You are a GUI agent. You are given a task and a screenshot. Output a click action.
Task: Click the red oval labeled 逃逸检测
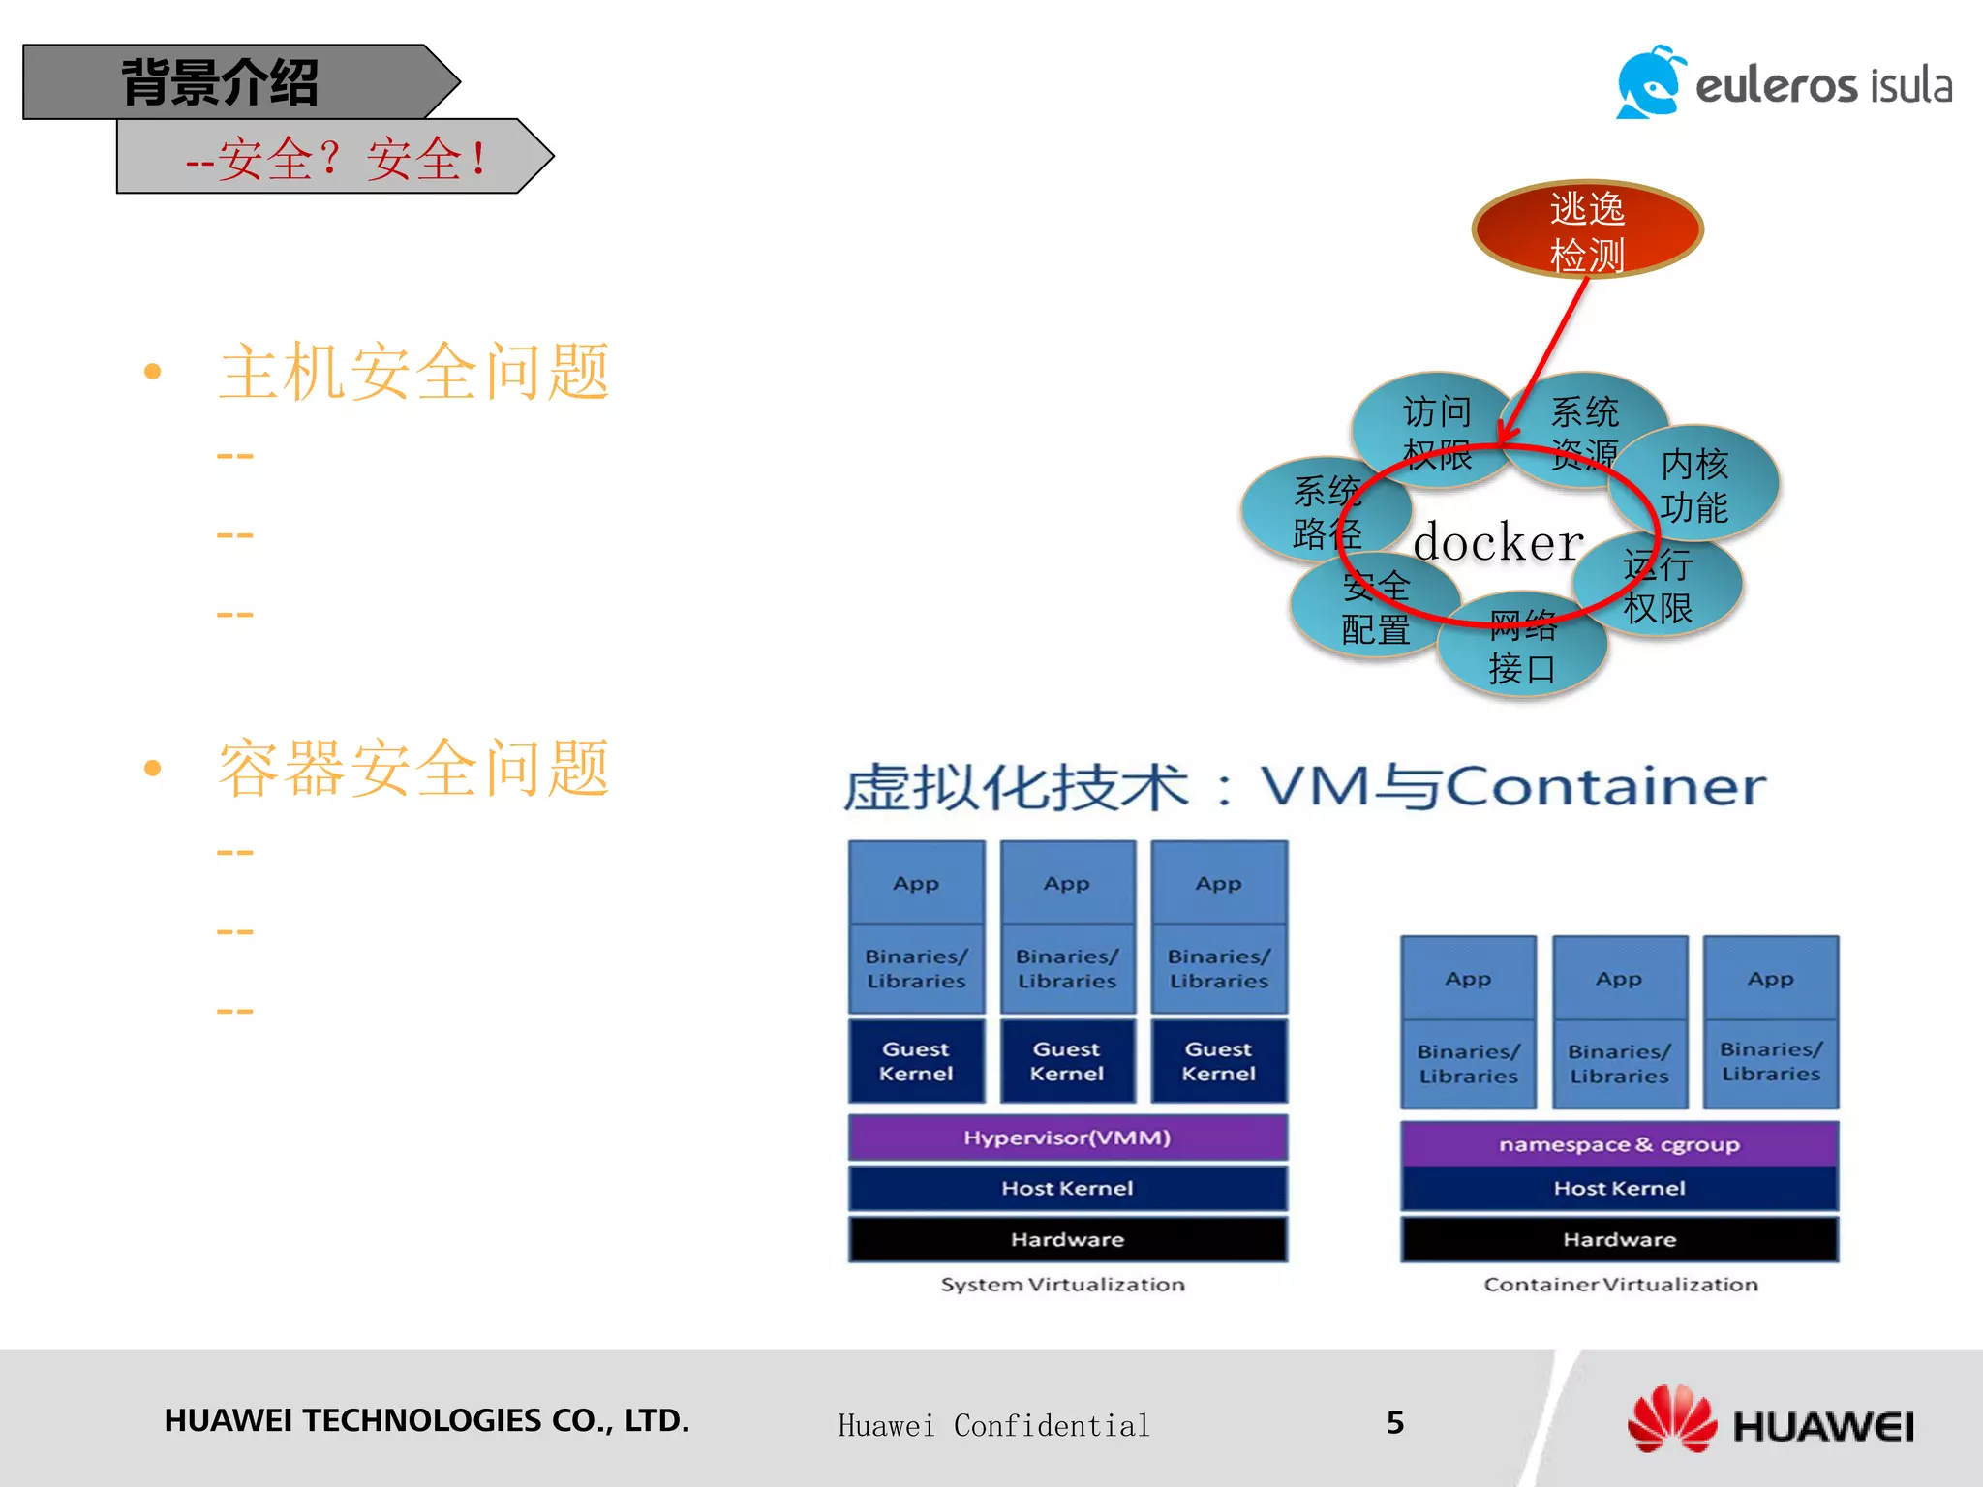pos(1587,229)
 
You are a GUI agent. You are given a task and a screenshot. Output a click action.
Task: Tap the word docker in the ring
pos(1498,542)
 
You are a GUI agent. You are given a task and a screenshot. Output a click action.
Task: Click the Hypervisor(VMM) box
pos(1067,1138)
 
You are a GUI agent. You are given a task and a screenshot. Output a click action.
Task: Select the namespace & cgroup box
pos(1619,1144)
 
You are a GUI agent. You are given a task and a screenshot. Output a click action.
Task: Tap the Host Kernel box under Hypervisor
pos(1067,1188)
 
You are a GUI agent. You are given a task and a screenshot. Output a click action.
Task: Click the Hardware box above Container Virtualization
pos(1619,1239)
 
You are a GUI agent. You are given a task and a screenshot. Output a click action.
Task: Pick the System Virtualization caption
pos(1062,1285)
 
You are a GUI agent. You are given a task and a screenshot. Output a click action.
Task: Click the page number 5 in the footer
pos(1394,1422)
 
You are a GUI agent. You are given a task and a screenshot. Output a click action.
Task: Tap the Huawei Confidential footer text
pos(993,1425)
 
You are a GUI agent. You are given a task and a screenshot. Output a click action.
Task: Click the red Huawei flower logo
pos(1672,1418)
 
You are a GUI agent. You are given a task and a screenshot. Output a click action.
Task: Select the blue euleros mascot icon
pos(1650,83)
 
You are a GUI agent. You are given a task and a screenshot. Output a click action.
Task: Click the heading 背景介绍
pos(221,82)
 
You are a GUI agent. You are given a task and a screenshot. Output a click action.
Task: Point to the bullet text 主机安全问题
pos(413,372)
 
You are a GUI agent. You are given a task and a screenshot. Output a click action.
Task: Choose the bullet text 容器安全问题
pos(413,769)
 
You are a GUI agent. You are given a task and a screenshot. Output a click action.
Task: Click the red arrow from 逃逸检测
pos(1547,358)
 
